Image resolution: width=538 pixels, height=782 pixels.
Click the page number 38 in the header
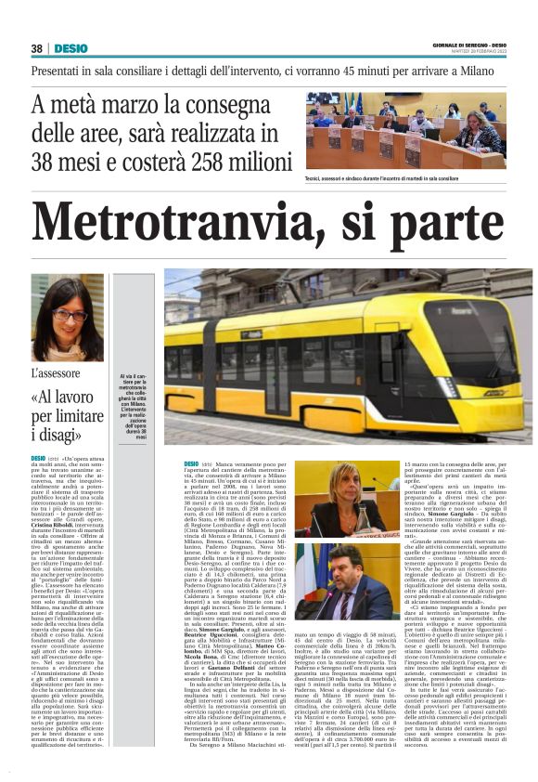[x=36, y=47]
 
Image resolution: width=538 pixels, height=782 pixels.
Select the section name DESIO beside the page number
[x=69, y=47]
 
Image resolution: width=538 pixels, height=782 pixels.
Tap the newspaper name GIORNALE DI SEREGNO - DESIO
[x=468, y=44]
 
